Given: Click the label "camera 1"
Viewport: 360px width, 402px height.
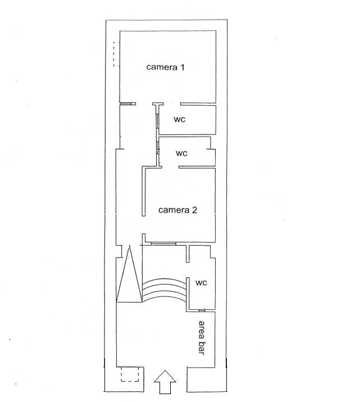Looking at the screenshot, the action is tap(165, 67).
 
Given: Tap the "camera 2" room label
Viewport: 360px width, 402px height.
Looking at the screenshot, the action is tap(177, 210).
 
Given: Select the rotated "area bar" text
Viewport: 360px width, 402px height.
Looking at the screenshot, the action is tap(202, 338).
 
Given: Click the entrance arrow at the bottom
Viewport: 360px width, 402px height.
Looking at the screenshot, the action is tap(165, 382).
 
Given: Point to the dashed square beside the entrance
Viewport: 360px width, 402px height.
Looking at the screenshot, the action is tap(130, 374).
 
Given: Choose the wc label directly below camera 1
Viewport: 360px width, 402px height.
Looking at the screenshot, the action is tap(179, 119).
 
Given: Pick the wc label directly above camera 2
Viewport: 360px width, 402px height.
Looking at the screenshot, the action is tap(181, 153).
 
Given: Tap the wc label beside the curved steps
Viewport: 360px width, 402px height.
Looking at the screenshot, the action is tap(201, 283).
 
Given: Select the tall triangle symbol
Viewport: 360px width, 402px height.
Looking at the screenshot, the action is tap(129, 274).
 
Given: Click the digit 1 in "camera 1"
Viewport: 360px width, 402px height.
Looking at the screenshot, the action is tap(183, 67).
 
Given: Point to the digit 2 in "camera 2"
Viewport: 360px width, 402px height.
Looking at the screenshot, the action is tap(194, 210).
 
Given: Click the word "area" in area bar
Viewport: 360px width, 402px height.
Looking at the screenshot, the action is tap(202, 329).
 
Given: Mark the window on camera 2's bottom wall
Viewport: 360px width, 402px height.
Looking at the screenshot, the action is tap(163, 243).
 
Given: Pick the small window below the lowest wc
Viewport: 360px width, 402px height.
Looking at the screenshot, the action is tap(202, 310).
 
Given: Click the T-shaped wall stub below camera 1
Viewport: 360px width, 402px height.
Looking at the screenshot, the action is tap(158, 104).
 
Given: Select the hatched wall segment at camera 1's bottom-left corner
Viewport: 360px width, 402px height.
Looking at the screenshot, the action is tap(128, 104).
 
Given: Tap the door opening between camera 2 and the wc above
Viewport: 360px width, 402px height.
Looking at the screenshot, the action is tap(170, 167).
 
